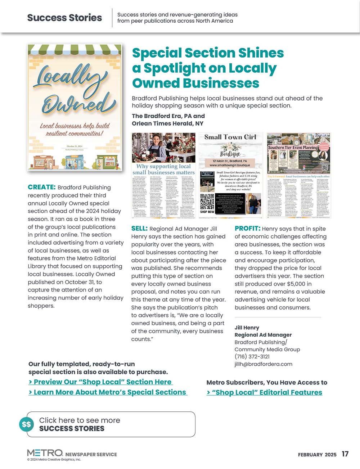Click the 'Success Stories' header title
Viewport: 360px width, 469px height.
64,18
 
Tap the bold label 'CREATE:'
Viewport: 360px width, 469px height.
41,187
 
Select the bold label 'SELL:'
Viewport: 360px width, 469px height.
139,229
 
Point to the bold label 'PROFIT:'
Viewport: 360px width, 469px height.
247,229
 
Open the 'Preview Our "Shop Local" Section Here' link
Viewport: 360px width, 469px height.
100,382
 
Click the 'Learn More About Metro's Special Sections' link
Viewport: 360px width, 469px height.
108,392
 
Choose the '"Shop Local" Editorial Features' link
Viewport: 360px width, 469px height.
265,393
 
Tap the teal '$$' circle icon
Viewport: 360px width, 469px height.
27,424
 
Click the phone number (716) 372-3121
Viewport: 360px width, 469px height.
252,356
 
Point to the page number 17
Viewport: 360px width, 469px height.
345,454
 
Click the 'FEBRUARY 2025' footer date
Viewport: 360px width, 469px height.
317,455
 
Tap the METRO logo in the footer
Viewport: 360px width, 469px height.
45,453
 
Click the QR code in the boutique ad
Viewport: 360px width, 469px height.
207,202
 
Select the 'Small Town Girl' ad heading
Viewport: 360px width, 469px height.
230,137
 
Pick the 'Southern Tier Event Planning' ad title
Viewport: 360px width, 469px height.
293,148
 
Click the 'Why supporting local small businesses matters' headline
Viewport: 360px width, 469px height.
163,169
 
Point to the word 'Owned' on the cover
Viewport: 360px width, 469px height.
76,104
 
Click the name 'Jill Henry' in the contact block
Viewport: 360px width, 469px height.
247,328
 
